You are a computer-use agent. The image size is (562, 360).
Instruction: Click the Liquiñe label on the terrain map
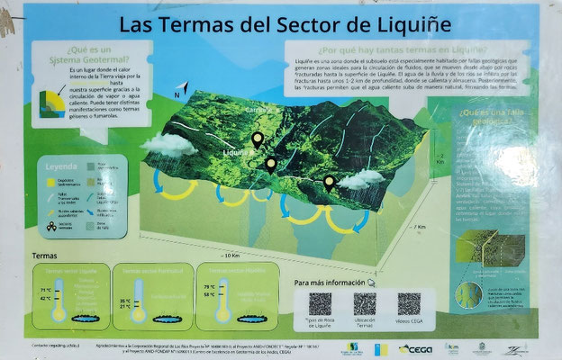237,153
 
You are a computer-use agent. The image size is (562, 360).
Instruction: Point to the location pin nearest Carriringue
258,139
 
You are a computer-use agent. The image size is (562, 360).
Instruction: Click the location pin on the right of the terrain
329,182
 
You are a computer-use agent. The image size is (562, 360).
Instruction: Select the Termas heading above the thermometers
44,256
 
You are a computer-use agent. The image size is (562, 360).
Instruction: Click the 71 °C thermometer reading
45,290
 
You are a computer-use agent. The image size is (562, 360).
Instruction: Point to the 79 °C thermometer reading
210,286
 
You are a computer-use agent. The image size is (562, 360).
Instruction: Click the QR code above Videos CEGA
409,303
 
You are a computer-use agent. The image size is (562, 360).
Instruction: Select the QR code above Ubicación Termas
364,303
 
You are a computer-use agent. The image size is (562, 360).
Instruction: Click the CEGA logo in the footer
416,347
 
